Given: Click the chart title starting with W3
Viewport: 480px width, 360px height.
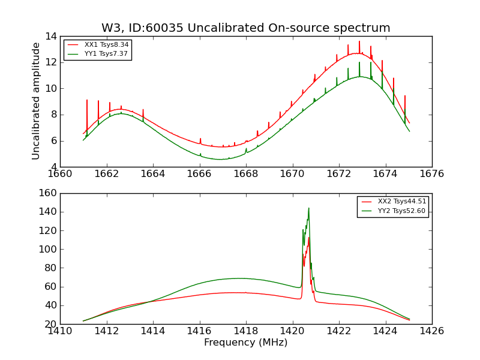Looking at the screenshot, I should point(245,28).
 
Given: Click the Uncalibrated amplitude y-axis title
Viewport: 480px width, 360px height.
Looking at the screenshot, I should point(37,101).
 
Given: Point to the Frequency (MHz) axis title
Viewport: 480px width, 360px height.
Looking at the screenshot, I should point(245,343).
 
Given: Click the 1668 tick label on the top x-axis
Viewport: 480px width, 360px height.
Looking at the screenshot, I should point(246,174).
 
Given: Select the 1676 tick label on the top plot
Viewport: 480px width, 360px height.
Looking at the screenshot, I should point(431,174).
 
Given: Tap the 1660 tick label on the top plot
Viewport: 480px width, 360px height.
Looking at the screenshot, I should point(60,174).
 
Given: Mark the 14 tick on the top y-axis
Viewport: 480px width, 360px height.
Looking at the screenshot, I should point(50,36).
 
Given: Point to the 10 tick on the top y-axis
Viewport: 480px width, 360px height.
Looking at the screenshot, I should point(50,88).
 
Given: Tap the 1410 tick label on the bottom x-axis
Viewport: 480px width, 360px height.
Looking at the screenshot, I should point(60,331).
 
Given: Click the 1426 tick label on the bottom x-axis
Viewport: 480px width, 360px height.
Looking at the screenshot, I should point(431,331).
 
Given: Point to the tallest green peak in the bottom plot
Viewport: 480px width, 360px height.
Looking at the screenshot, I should point(308,209).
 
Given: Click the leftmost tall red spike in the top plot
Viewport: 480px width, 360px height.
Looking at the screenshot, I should point(87,101).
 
